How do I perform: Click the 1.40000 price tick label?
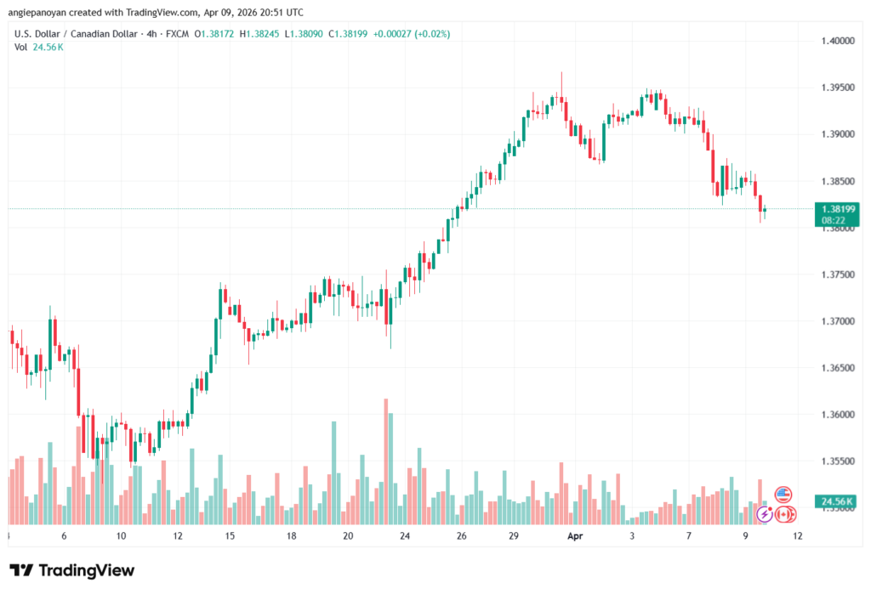coord(837,41)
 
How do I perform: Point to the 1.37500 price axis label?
coord(837,274)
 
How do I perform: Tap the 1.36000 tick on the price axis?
coord(837,415)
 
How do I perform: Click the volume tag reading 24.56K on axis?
coord(835,502)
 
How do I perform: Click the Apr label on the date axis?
coord(575,537)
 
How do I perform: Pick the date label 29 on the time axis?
coord(515,537)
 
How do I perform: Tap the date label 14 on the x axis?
coord(230,537)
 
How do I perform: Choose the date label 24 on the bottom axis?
coord(405,537)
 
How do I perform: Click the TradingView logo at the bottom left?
coord(71,570)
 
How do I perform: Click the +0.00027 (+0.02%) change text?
coord(411,34)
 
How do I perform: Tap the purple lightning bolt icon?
coord(765,514)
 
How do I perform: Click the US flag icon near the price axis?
coord(783,495)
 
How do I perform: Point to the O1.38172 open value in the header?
coord(216,34)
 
